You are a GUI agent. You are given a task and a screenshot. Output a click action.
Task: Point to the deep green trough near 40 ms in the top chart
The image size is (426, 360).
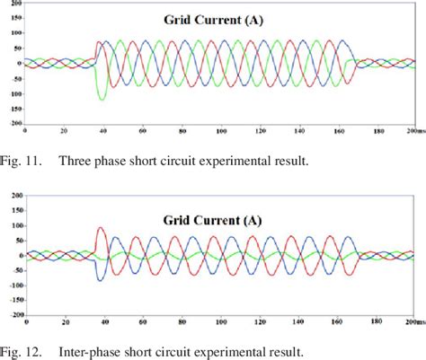pyautogui.click(x=102, y=98)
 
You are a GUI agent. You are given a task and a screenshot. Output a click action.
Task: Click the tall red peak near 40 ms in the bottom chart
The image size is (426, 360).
pyautogui.click(x=99, y=229)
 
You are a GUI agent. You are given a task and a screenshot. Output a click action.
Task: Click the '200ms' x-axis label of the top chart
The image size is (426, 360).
pyautogui.click(x=413, y=130)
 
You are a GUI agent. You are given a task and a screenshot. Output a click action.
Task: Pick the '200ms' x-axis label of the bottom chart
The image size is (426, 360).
pyautogui.click(x=413, y=321)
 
